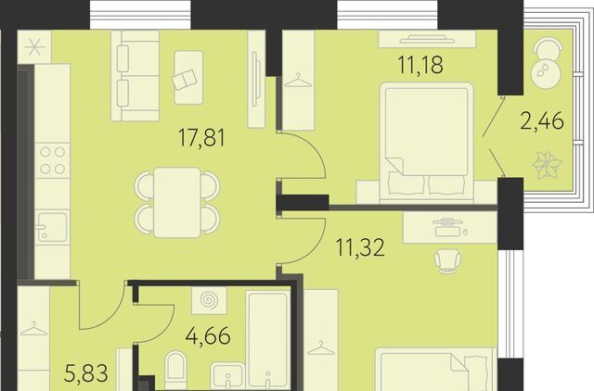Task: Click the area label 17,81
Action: [x=201, y=138]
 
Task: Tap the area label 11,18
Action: [x=420, y=64]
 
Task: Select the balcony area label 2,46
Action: [x=542, y=121]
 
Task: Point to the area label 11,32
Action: [x=360, y=247]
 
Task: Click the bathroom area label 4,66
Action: [x=208, y=335]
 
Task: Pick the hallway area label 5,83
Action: [x=86, y=372]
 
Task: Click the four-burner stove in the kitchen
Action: [x=52, y=160]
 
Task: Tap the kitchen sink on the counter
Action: [x=52, y=226]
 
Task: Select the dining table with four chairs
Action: [x=177, y=202]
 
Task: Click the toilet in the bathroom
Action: [x=175, y=366]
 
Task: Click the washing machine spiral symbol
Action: [x=208, y=300]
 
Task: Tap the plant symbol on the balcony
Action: [x=547, y=164]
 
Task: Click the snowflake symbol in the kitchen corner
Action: [x=34, y=47]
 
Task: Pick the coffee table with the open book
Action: [x=188, y=78]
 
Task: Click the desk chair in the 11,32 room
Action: [x=447, y=260]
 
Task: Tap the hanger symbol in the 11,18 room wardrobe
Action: [x=298, y=81]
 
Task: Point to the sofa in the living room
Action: [x=135, y=76]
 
